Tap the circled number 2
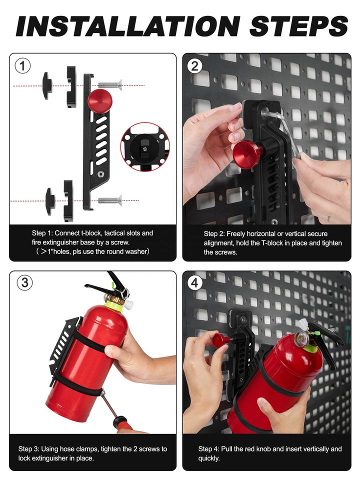(195, 65)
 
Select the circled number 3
(24, 282)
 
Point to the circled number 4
(195, 283)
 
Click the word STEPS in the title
(298, 26)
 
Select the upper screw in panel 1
(110, 85)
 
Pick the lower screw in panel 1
(110, 201)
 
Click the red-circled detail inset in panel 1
(145, 147)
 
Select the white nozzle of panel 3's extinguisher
(128, 305)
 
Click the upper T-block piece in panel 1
(47, 85)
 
